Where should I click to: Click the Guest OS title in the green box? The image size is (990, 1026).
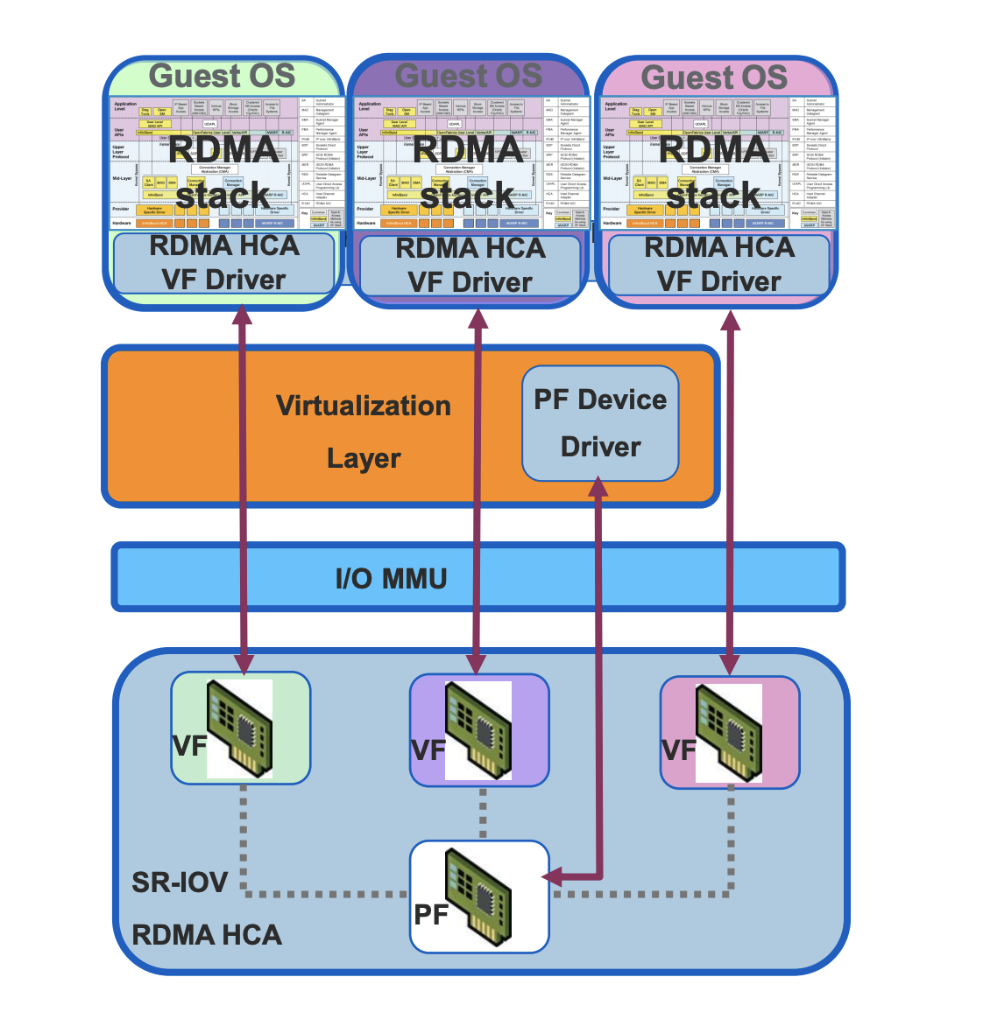[222, 76]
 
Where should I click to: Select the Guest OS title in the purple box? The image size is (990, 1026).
[468, 76]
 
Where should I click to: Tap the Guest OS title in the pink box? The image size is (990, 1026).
[714, 77]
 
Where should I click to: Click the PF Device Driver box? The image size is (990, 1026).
[600, 422]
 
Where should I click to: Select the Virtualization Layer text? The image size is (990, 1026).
[363, 432]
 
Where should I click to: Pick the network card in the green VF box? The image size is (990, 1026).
[239, 727]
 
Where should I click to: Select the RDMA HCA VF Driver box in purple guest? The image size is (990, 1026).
[469, 266]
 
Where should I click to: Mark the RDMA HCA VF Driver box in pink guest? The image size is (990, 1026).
[719, 264]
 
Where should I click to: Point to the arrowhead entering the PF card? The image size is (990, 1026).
[551, 877]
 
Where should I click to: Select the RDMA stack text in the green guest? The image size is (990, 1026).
[222, 171]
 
